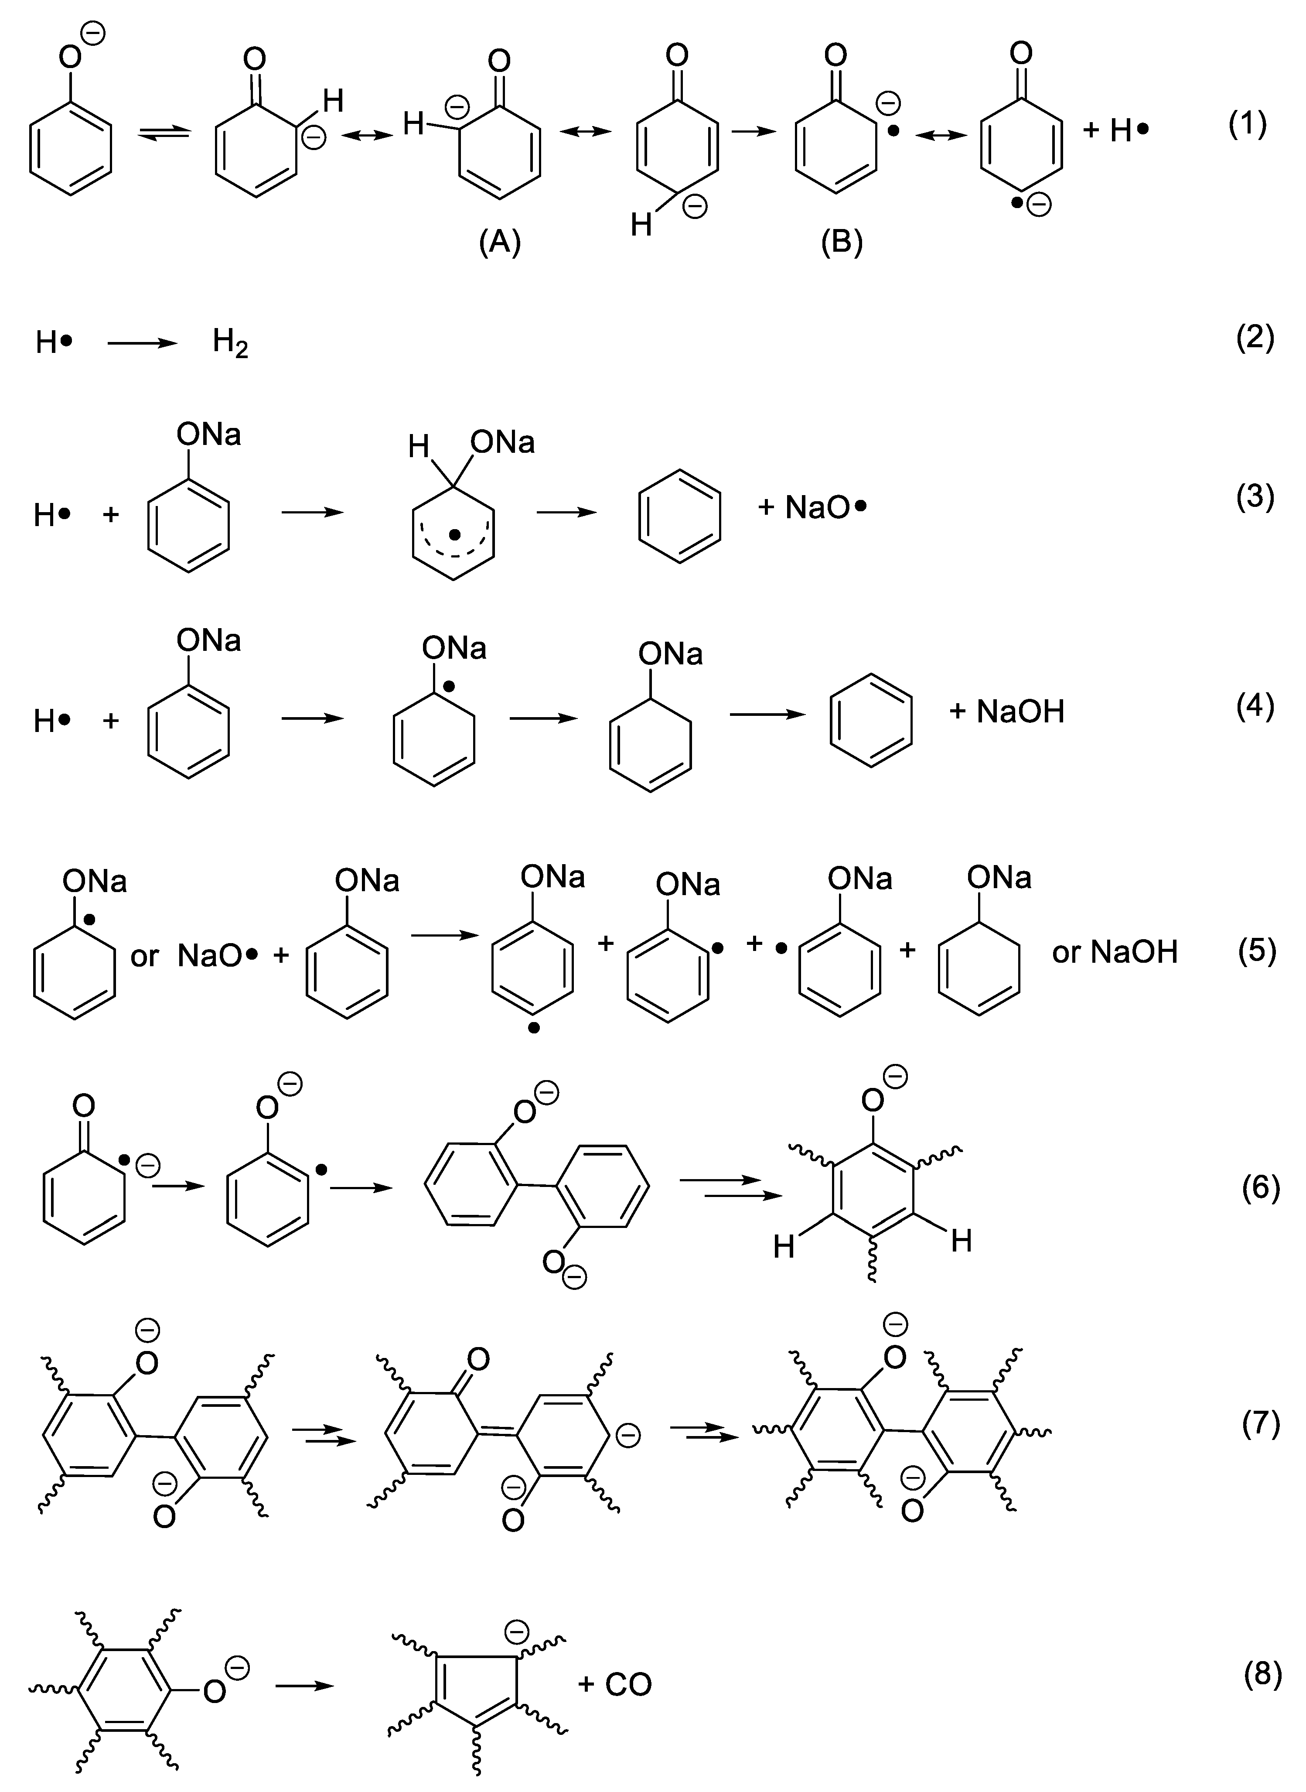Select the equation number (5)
1257,951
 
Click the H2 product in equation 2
230,344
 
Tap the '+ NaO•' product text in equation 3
812,507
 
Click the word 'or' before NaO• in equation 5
145,956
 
